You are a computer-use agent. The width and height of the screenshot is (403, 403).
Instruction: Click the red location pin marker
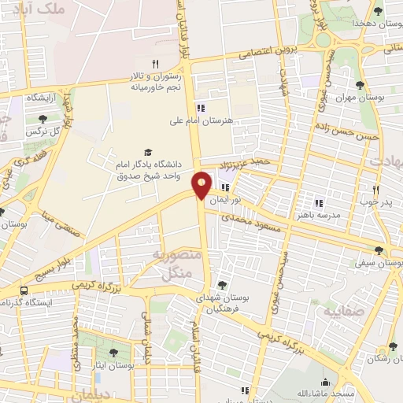pos(202,184)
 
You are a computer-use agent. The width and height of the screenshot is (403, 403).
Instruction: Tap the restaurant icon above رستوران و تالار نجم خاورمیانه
pos(156,64)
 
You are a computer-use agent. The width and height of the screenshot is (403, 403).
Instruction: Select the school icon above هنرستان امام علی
pos(201,108)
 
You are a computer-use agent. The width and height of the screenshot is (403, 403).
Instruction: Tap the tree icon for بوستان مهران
pos(360,85)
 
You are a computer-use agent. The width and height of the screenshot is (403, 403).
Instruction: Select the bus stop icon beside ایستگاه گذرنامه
pos(24,290)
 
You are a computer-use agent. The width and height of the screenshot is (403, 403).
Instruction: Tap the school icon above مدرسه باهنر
pos(319,202)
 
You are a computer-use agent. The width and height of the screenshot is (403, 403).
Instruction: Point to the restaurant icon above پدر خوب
pos(375,190)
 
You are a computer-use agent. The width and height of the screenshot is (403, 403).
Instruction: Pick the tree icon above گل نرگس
pos(42,118)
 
